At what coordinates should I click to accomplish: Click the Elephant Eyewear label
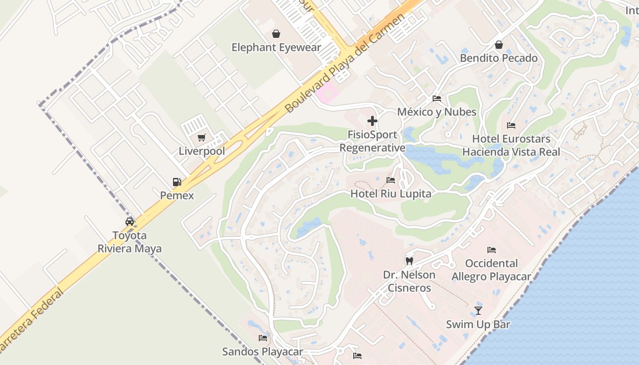276,47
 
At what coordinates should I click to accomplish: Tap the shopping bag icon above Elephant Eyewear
276,34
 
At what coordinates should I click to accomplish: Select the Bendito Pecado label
498,58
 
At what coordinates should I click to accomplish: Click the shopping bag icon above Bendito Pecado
499,45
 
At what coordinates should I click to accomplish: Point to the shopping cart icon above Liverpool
202,137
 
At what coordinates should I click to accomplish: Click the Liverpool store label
202,151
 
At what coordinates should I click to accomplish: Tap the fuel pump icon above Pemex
177,182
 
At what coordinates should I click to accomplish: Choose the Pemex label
177,196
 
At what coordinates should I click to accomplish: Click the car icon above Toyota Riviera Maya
130,222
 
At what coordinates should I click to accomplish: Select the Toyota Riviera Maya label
130,242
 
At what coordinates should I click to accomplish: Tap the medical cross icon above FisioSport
372,121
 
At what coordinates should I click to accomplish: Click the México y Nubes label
436,112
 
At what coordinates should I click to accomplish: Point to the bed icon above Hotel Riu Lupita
391,180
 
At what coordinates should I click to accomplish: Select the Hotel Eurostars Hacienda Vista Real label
511,145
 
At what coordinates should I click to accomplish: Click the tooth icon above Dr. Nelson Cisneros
409,261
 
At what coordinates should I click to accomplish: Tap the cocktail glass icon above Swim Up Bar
478,311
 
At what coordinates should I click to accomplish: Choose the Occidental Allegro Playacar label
491,270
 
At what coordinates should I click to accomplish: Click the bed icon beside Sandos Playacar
263,338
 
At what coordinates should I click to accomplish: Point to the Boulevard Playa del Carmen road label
345,63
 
